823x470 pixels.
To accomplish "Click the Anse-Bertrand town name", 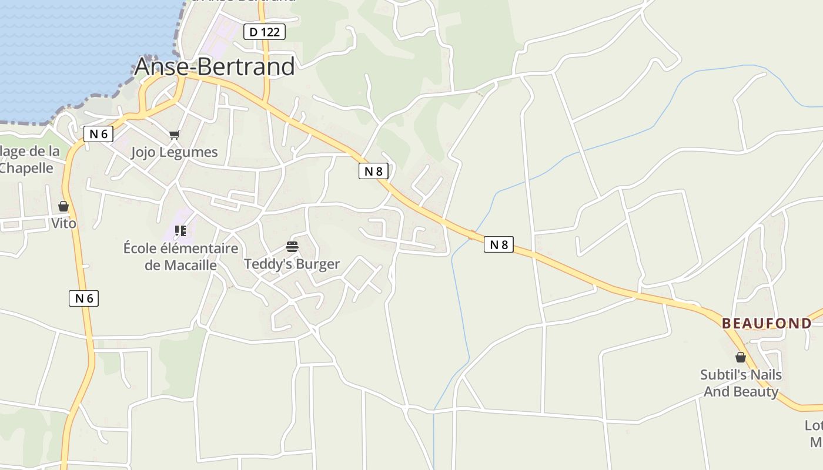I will click(x=215, y=67).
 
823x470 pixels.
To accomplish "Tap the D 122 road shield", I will click(x=265, y=32).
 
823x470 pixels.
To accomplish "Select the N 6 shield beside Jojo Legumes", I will click(x=98, y=134).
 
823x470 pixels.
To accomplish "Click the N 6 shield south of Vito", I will click(x=83, y=298).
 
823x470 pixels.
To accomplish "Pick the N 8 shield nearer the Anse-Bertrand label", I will click(x=373, y=171).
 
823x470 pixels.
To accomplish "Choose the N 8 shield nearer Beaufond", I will click(x=499, y=244).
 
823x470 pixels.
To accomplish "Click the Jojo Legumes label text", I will click(x=174, y=152).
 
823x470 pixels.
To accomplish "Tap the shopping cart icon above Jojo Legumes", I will click(x=174, y=135).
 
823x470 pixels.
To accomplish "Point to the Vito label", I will click(x=63, y=223).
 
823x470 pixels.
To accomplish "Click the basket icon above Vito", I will click(x=63, y=206).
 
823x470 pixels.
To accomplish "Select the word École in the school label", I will click(x=141, y=249).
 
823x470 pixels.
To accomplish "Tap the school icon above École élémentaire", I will click(x=180, y=231).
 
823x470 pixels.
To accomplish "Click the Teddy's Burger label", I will click(x=292, y=264).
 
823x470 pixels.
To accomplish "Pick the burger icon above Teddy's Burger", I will click(x=292, y=247).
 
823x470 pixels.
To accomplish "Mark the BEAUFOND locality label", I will click(x=767, y=323).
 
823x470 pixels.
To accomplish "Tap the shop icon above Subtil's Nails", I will click(x=741, y=357).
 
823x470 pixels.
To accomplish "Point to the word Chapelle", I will click(x=26, y=168).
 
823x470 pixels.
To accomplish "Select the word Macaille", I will click(x=189, y=265).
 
